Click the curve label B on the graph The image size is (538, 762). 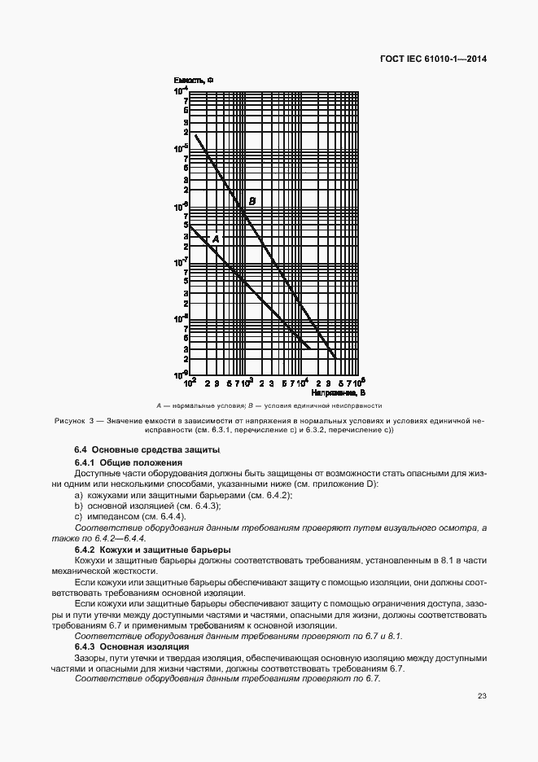(252, 201)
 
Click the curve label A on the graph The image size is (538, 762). (216, 239)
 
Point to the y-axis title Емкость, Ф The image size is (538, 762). (194, 80)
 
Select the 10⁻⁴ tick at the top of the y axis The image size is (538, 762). (181, 91)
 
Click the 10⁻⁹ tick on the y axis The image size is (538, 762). (181, 374)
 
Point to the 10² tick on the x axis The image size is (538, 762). (190, 382)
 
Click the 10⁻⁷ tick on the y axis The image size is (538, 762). (181, 262)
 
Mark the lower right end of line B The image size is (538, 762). (335, 357)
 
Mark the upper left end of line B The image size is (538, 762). (195, 135)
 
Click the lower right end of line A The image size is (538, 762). (310, 348)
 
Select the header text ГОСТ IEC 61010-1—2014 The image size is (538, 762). (427, 59)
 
